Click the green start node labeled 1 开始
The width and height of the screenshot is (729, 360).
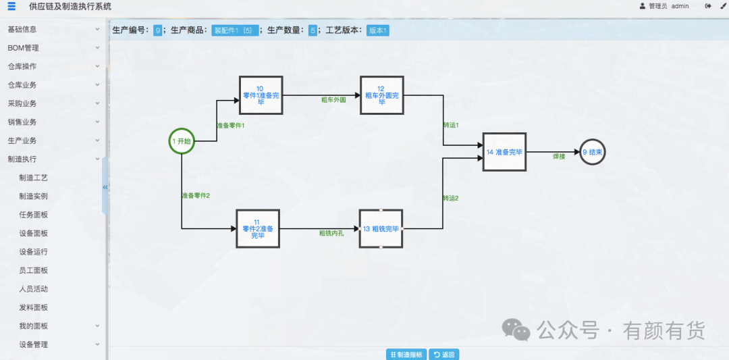point(181,141)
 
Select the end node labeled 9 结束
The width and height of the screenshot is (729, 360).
point(592,153)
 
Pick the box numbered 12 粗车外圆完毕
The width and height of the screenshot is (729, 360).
point(381,96)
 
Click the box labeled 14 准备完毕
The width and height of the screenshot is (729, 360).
point(504,152)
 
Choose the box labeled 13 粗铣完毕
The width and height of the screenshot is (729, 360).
point(381,228)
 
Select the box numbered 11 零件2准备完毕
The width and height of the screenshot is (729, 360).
point(257,229)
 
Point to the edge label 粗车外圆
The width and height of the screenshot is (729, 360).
point(333,100)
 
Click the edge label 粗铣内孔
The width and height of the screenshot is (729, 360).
point(331,233)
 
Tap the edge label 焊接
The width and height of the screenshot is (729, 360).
point(559,157)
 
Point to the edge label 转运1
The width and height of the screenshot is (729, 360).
point(451,126)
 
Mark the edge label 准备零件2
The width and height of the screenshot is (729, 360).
point(196,196)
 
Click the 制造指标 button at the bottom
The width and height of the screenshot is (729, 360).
point(406,355)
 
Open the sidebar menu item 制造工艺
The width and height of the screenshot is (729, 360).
point(34,178)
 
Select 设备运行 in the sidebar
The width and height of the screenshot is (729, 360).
point(34,252)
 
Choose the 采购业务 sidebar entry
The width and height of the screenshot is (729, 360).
point(22,103)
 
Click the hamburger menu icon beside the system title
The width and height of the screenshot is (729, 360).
point(11,6)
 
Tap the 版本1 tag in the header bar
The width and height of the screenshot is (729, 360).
point(378,30)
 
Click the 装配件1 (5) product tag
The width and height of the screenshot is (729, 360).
point(234,30)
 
